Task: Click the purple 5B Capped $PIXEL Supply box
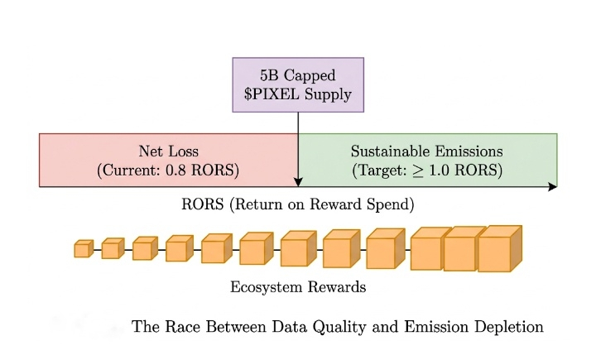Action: coord(298,84)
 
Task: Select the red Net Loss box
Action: coord(168,160)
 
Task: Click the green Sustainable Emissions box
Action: coord(427,160)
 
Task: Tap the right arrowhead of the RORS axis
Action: coord(552,187)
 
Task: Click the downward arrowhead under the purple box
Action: coord(298,181)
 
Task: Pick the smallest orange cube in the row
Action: coord(82,248)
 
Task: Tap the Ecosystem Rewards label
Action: coord(298,288)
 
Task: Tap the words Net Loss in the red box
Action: coord(168,151)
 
